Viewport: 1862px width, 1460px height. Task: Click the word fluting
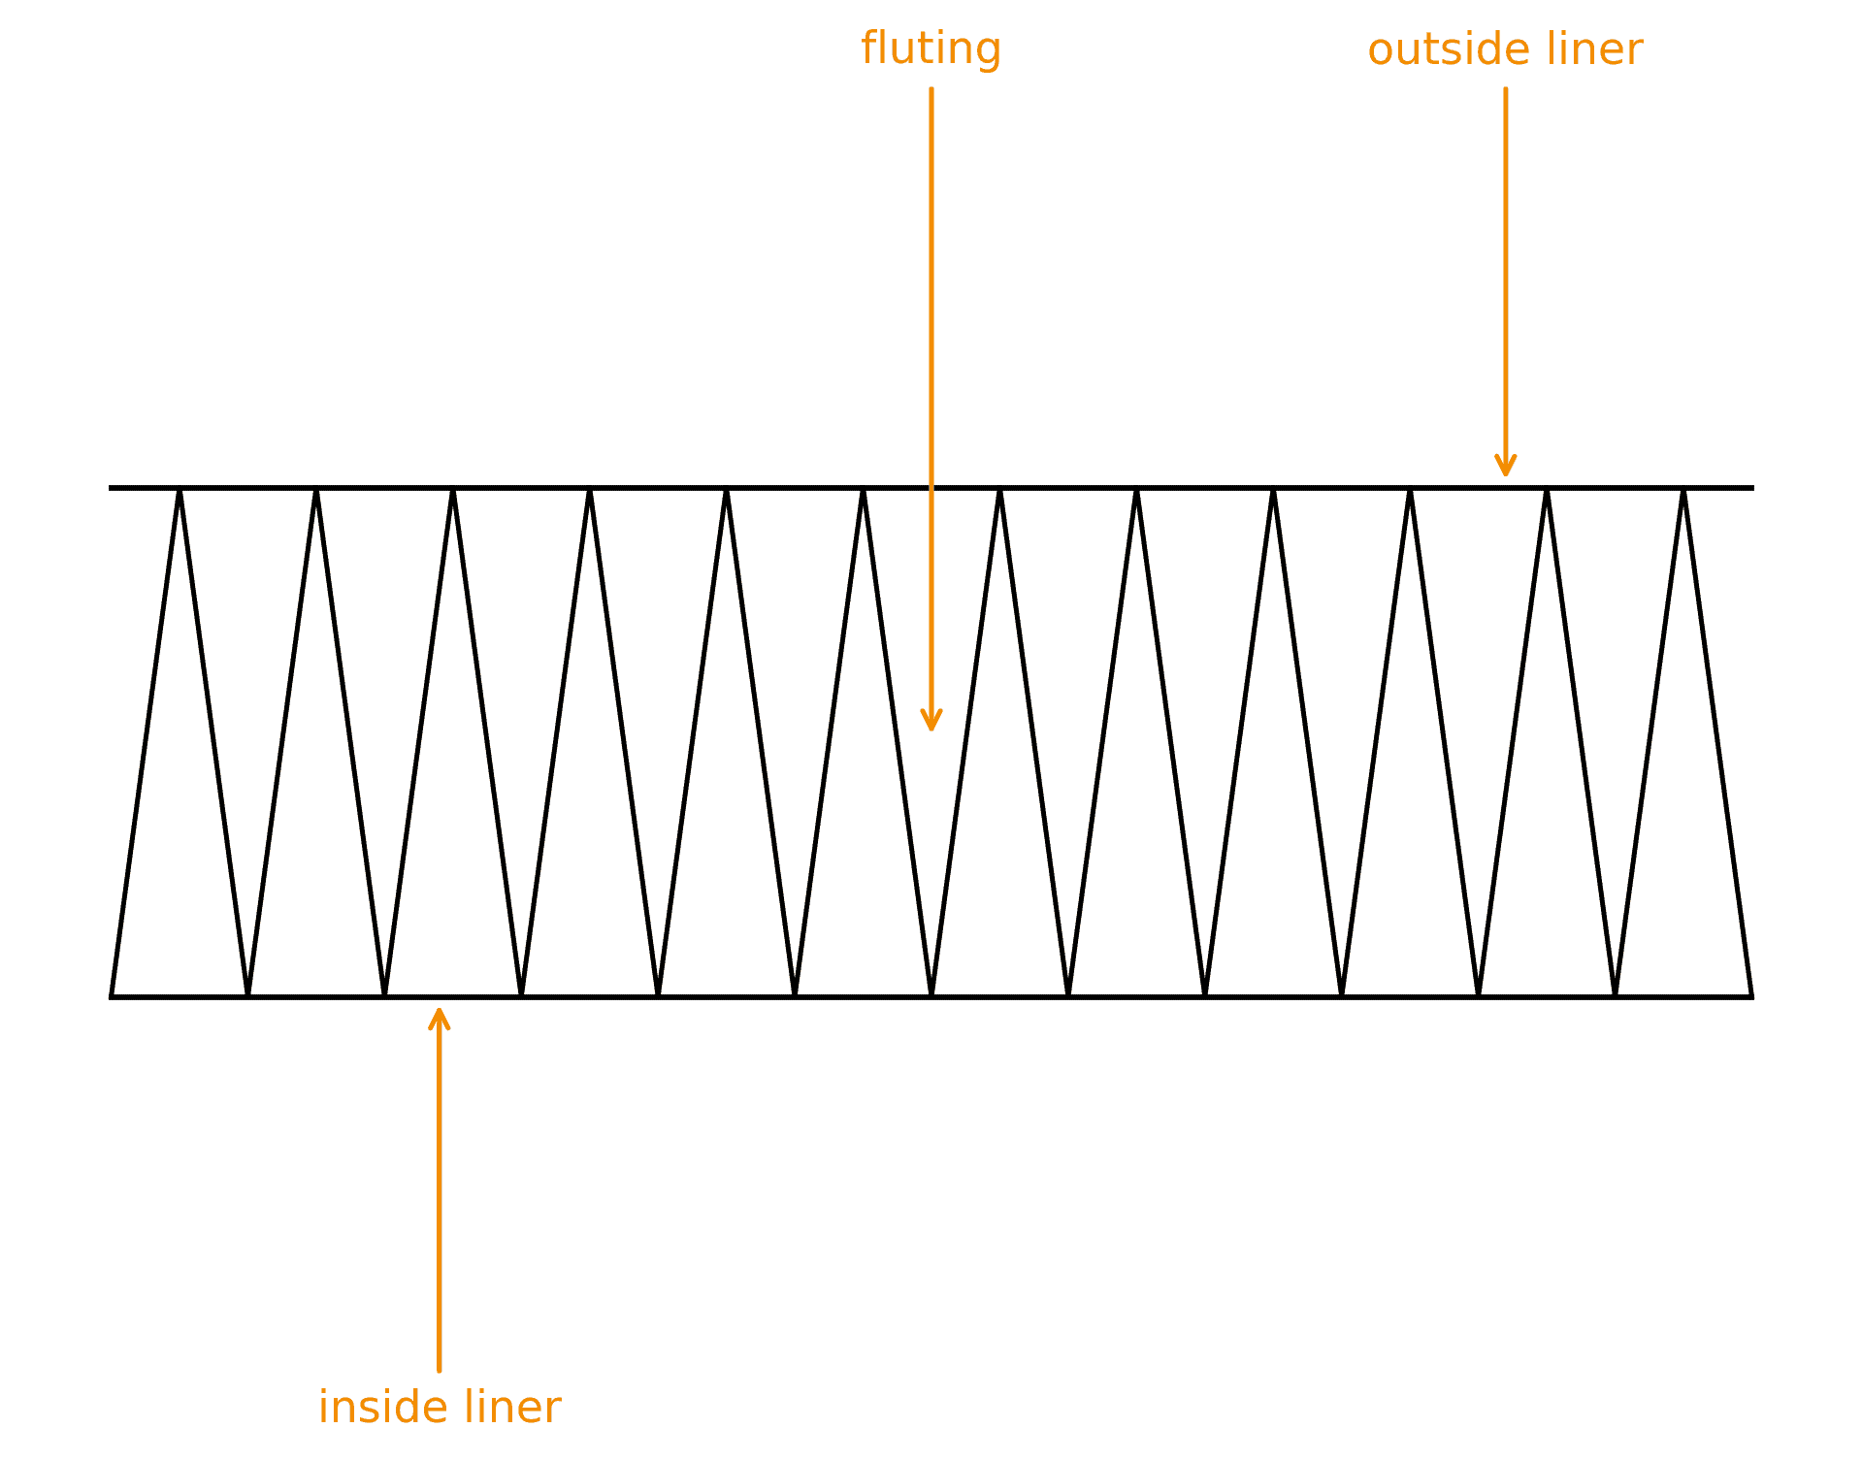point(931,49)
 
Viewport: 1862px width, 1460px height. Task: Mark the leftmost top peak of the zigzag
point(180,489)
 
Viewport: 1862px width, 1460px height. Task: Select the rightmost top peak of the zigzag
point(1683,489)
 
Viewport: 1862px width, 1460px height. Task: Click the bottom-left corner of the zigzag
point(112,996)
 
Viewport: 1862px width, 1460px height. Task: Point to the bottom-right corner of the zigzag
point(1752,996)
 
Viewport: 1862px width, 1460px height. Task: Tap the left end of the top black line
point(110,488)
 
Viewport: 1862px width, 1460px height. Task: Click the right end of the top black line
point(1753,488)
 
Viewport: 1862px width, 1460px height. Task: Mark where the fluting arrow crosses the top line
point(931,488)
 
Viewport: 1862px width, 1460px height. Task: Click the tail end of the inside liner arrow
point(440,1371)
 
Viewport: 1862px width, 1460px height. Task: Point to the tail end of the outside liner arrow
point(1506,89)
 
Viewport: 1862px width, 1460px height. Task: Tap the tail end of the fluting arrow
point(931,89)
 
